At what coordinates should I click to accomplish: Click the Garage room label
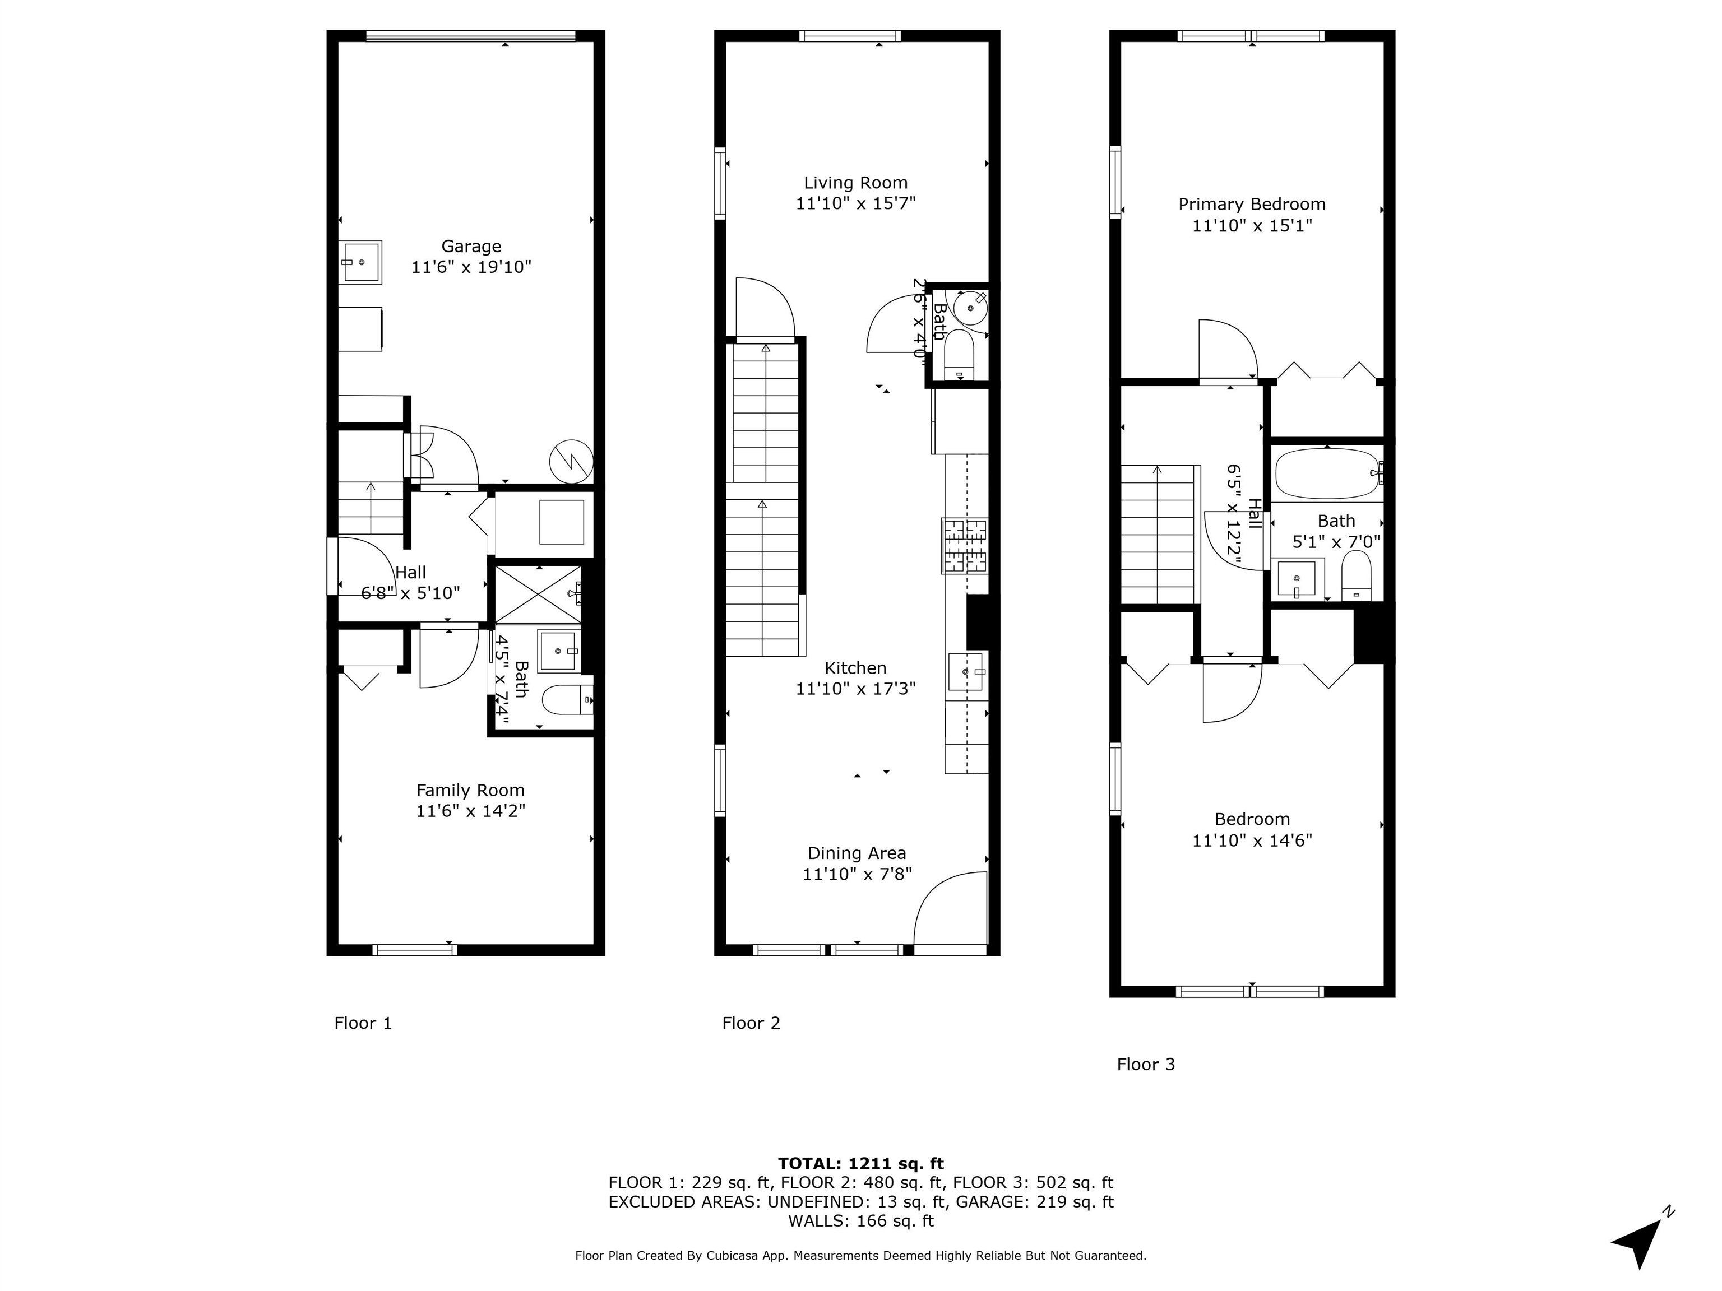point(471,247)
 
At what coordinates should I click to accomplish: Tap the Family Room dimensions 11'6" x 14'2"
point(470,811)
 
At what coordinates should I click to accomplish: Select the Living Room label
point(855,183)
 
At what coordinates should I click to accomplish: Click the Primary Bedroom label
point(1251,205)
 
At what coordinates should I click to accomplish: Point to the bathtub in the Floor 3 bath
point(1326,473)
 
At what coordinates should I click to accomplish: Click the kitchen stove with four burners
point(965,546)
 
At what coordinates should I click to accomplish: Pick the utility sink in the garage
point(360,262)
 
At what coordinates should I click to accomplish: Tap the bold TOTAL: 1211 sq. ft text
point(860,1163)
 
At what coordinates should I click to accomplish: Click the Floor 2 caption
point(751,1023)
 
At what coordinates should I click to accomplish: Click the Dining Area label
point(857,853)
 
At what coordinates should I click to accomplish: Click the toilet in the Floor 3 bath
point(1356,577)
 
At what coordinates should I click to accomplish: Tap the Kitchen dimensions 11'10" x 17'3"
point(855,689)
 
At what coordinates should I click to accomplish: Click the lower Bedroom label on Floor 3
point(1252,819)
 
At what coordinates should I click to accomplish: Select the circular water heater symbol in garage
point(571,462)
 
